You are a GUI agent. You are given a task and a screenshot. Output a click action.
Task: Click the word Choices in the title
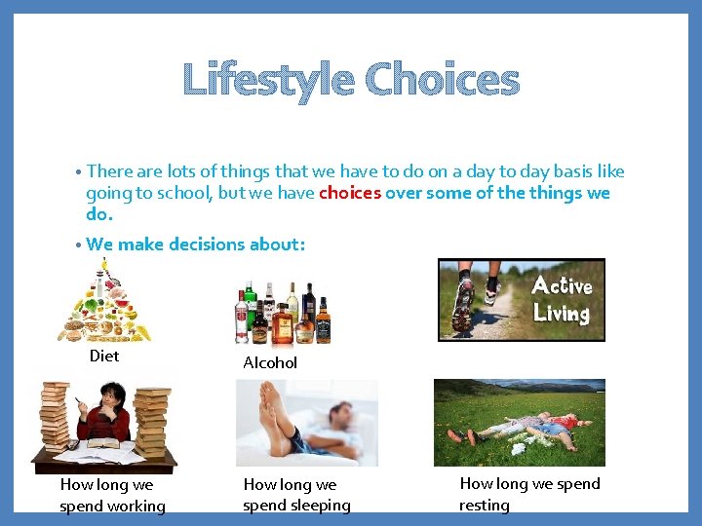click(x=442, y=80)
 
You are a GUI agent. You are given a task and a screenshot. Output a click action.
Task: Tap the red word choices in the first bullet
click(x=350, y=193)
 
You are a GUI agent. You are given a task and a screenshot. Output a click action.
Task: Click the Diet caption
click(x=104, y=356)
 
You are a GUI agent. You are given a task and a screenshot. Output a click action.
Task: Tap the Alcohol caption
click(x=270, y=362)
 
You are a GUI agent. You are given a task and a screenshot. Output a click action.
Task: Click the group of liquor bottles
click(x=282, y=312)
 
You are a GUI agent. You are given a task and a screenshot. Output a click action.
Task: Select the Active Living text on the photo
click(x=562, y=299)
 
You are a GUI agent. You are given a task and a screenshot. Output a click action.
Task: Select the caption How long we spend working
click(x=111, y=495)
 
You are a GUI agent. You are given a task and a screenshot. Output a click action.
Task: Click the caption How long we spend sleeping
click(x=296, y=494)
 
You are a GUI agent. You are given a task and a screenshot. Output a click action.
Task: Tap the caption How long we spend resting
click(x=529, y=494)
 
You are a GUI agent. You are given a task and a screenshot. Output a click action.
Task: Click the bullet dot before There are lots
click(x=76, y=173)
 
